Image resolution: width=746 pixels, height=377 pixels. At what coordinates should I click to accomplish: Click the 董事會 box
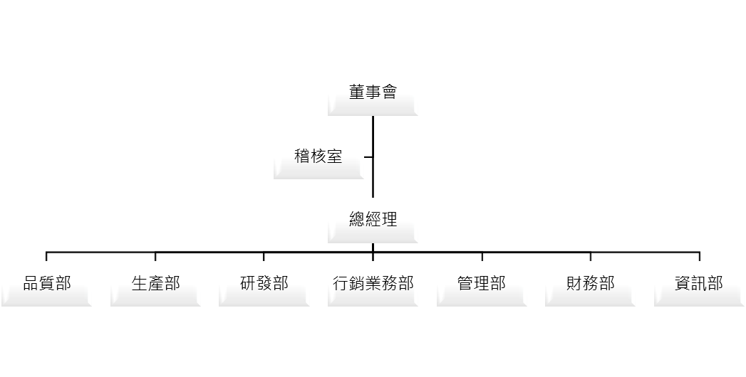pos(373,93)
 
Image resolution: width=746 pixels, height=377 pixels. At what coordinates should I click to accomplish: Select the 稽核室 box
pos(318,156)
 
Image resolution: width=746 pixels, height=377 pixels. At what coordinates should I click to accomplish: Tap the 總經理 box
pos(373,220)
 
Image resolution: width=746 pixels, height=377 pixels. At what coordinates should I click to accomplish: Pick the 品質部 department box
pos(47,284)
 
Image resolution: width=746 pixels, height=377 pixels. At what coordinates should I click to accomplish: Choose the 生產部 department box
pos(155,284)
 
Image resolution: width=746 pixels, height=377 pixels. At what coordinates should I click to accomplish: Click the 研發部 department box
pos(264,284)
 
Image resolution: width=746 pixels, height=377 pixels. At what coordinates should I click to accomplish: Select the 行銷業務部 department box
pos(373,284)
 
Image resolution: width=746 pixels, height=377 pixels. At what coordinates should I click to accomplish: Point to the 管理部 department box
pos(482,284)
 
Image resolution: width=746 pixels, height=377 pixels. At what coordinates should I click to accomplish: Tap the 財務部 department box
pos(590,284)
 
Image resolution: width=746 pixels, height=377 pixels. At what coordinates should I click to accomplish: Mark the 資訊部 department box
pos(699,284)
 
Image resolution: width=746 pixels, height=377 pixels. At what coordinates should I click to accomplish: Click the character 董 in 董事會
pos(357,93)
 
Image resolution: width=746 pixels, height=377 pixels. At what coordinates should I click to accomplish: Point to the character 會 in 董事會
pos(389,93)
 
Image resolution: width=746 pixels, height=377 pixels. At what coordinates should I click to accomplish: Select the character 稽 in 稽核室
pos(303,156)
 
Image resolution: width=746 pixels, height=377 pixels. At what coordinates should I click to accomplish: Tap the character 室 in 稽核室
pos(335,156)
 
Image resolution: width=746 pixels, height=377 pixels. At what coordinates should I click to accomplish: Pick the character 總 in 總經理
pos(357,220)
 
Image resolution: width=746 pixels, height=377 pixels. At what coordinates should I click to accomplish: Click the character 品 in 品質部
pos(31,284)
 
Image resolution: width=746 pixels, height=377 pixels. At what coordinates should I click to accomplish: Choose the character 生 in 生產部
pos(140,284)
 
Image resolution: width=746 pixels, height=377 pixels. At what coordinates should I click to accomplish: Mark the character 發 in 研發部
pos(264,284)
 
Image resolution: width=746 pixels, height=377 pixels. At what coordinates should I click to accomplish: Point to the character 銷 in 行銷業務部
pos(357,284)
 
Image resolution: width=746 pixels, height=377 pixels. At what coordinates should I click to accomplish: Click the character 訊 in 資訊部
pos(699,284)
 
